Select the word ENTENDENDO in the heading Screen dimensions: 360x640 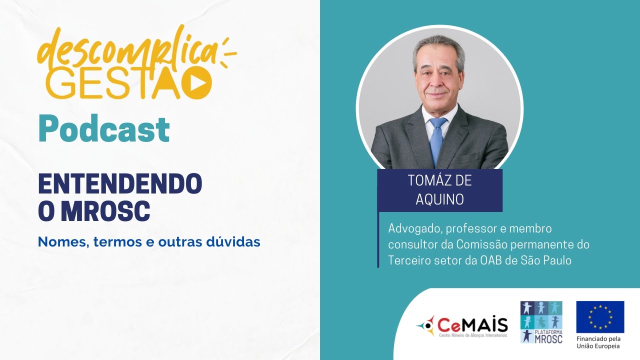coord(120,185)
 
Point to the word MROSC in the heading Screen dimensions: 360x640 coord(105,211)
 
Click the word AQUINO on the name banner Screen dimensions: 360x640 coord(440,199)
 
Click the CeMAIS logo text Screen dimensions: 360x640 coord(473,325)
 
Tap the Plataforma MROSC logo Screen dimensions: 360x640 coord(541,322)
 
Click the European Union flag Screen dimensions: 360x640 coord(600,316)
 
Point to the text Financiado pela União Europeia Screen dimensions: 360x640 coord(598,342)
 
